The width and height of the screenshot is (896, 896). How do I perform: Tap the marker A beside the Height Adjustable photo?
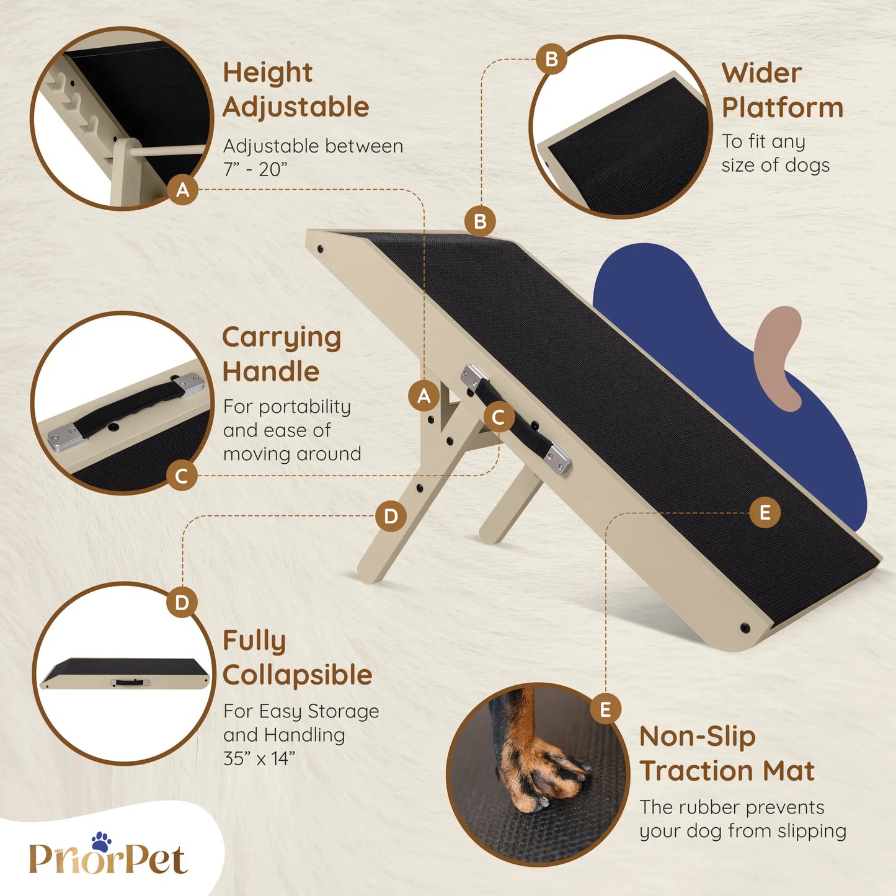pos(183,190)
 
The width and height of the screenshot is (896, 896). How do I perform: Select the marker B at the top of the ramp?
pos(481,221)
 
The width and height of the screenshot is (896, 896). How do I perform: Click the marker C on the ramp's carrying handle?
pos(499,417)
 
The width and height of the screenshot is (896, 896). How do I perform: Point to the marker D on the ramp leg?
pos(391,516)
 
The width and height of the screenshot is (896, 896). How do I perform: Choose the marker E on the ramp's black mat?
pos(765,512)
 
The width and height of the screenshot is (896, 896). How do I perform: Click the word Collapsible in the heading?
pos(298,675)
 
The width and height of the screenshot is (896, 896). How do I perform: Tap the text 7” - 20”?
pos(255,170)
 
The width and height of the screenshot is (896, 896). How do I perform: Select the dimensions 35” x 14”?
pos(259,759)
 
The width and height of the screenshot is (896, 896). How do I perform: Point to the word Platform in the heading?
pos(783,108)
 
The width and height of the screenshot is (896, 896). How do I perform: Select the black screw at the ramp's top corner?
pos(321,249)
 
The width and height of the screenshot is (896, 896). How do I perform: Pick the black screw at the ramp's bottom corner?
pos(745,629)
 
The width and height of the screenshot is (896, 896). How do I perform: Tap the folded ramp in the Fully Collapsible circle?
pos(125,673)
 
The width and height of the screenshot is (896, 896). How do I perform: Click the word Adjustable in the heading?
pos(296,107)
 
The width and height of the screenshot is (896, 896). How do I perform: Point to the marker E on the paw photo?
pos(605,709)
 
